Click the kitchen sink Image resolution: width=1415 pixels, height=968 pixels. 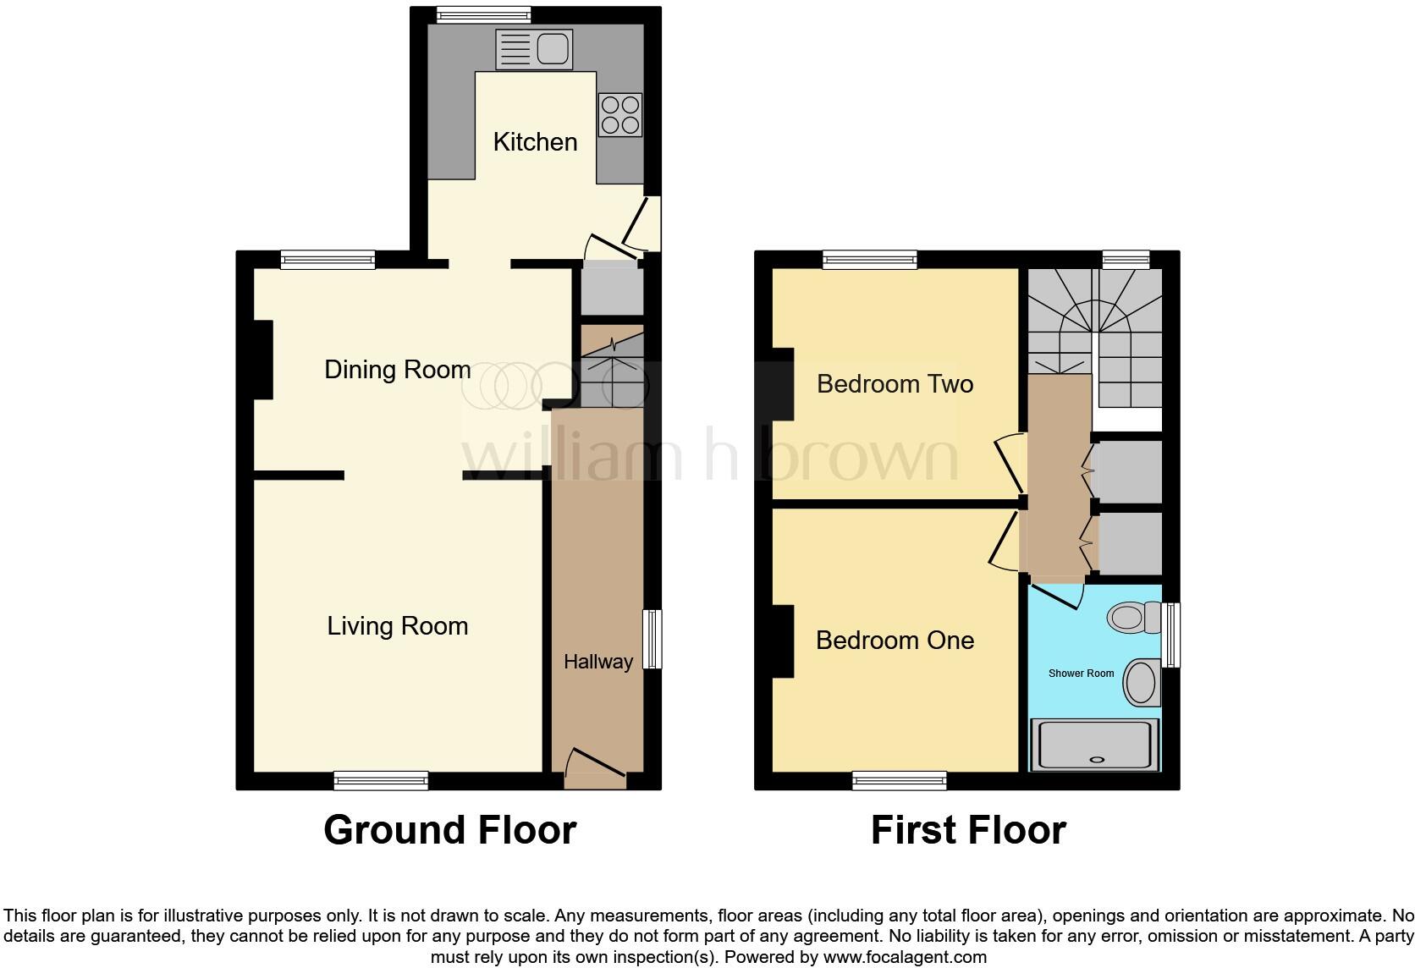(534, 49)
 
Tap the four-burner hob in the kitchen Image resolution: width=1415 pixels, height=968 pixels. (619, 114)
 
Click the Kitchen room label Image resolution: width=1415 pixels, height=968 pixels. (535, 142)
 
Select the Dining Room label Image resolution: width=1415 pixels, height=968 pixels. (397, 370)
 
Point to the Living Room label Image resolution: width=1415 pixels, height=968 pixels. (397, 626)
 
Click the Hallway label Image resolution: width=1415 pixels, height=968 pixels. (598, 662)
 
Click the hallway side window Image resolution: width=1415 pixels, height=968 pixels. (652, 639)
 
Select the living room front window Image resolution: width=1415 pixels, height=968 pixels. (381, 780)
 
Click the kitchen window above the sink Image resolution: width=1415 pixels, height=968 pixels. (483, 14)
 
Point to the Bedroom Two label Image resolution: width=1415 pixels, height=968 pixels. (895, 384)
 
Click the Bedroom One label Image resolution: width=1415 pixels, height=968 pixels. (895, 641)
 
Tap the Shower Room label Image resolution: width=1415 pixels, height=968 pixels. (1081, 674)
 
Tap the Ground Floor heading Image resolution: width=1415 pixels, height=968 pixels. (449, 830)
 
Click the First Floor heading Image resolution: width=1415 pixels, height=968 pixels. (968, 830)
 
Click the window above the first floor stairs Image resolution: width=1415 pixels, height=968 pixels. (1126, 260)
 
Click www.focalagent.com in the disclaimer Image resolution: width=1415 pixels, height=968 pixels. (905, 958)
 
